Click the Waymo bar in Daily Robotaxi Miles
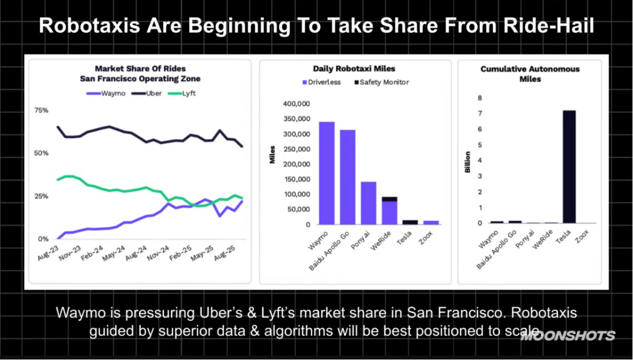[327, 173]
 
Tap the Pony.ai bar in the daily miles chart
[369, 203]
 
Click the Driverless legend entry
[322, 82]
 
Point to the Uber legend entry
[150, 94]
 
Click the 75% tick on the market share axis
[41, 110]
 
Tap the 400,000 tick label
[297, 104]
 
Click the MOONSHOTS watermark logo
[568, 336]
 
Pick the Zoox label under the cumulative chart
[582, 239]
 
